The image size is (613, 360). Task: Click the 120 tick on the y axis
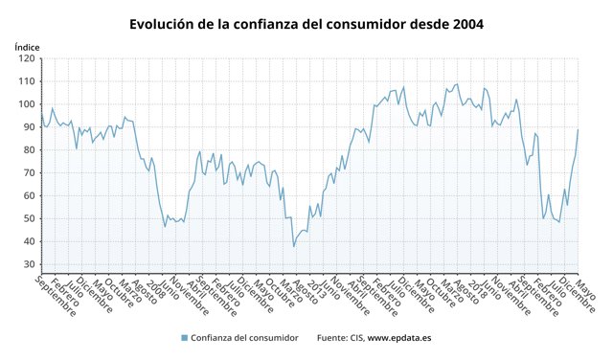pos(26,58)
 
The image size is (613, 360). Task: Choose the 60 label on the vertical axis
pos(28,195)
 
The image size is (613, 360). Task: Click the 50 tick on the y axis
pos(28,218)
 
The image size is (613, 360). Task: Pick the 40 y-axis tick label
pos(28,241)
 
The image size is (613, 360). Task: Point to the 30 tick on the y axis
pos(28,264)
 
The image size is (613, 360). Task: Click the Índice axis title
pos(27,46)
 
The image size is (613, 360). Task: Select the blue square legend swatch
pos(184,338)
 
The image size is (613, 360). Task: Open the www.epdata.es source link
pos(399,338)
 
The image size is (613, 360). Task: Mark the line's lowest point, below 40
pos(294,247)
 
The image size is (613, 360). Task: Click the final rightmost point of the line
pos(579,129)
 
